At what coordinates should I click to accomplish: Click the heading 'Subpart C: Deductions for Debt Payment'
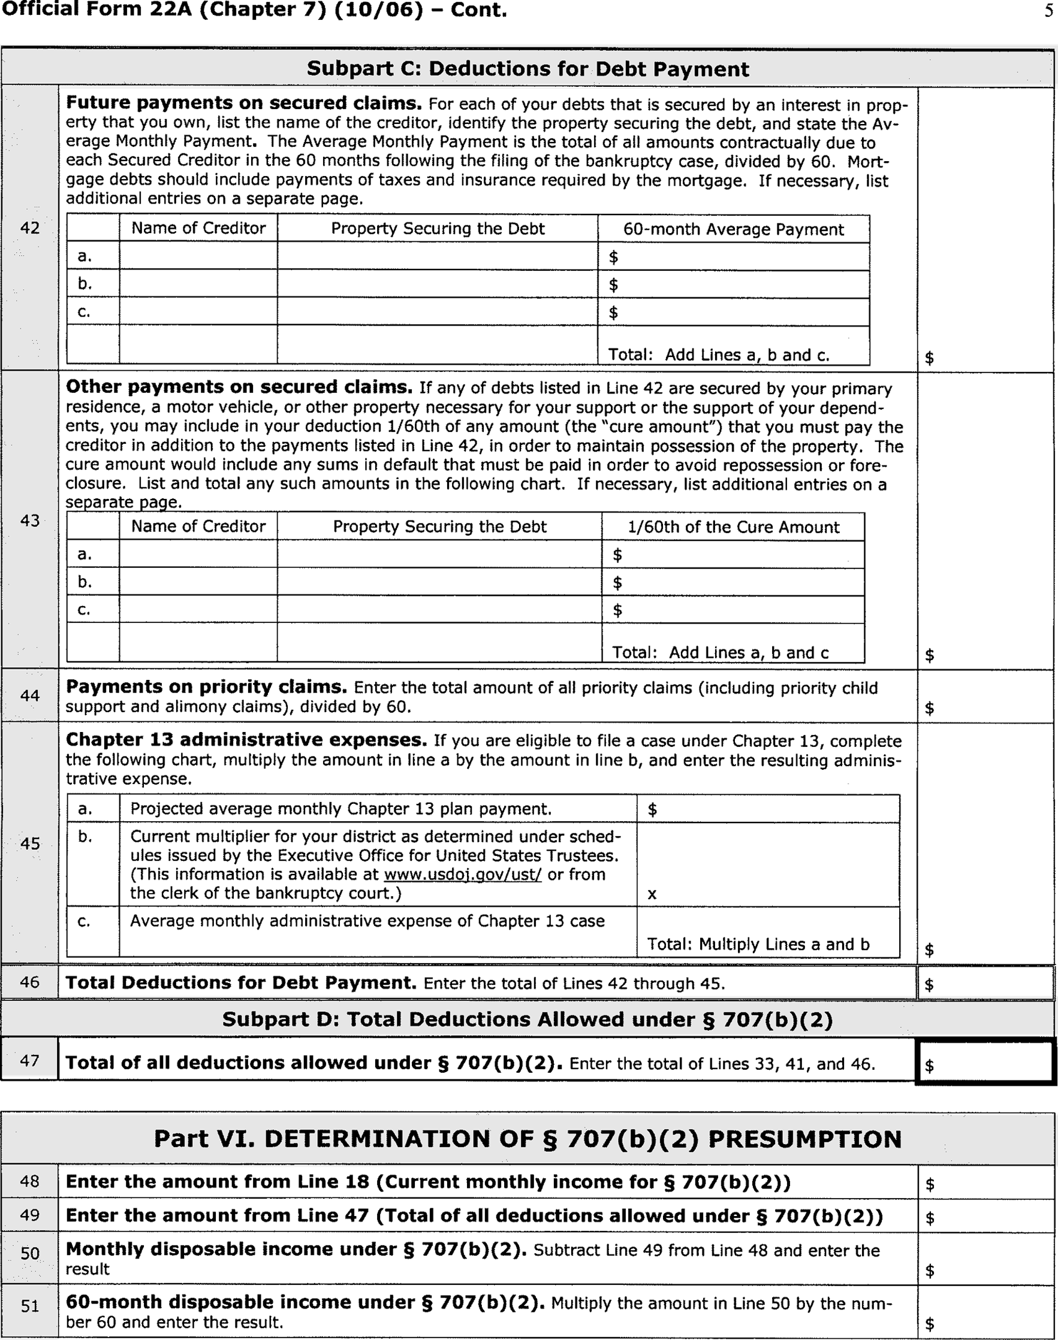click(528, 69)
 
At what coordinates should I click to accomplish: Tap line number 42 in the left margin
click(30, 228)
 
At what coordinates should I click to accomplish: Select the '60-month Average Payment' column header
click(734, 229)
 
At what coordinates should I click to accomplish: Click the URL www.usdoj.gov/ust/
click(463, 875)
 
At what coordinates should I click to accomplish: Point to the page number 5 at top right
click(1048, 11)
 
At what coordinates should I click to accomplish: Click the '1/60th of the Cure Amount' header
click(734, 527)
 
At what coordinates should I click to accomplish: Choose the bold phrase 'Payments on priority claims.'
click(206, 687)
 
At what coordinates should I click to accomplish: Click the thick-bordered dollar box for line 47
click(985, 1062)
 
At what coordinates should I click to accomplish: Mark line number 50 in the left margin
click(30, 1253)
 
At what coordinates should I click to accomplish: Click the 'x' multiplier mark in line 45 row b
click(652, 894)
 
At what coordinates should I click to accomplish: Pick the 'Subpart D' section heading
click(528, 1020)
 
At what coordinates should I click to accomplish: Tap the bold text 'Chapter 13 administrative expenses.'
click(246, 740)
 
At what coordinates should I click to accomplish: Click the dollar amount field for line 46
click(985, 984)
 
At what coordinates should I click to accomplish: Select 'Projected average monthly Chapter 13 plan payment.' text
click(340, 809)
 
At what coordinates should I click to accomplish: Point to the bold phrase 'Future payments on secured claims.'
click(243, 104)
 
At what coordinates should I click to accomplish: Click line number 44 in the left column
click(30, 695)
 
